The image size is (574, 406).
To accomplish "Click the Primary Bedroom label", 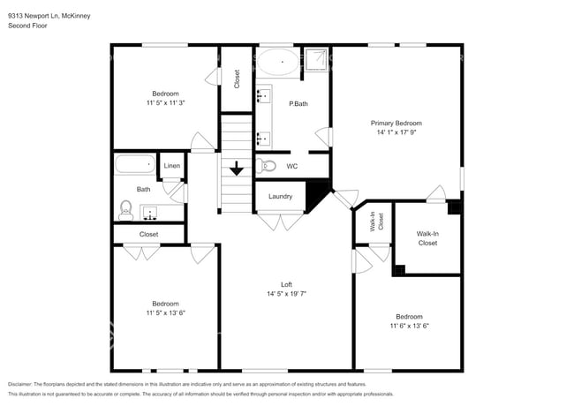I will click(396, 124).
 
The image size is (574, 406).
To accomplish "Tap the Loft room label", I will click(286, 284).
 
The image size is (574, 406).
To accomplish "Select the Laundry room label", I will click(280, 197).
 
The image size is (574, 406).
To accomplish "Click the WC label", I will click(291, 166).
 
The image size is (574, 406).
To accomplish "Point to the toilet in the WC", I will click(268, 165).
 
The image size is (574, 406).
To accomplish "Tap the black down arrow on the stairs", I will click(237, 168).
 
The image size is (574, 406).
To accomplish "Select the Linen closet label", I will click(172, 166).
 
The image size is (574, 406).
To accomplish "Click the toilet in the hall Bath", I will click(125, 208).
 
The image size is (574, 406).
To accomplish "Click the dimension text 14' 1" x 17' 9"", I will click(396, 133).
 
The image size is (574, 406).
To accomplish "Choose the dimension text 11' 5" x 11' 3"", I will click(165, 103).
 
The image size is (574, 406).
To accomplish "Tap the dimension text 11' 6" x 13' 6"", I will click(408, 326).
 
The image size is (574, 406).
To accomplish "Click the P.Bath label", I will click(298, 104).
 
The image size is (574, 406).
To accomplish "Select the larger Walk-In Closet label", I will click(427, 238).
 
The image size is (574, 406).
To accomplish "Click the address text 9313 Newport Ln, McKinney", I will click(49, 16).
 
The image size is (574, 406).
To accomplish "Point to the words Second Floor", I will click(27, 26).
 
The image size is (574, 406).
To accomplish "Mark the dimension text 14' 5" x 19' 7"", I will click(286, 294).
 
